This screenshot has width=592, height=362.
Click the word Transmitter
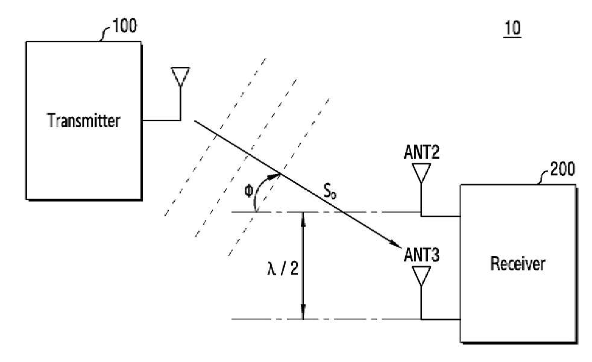(83, 120)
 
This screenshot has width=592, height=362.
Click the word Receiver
(518, 263)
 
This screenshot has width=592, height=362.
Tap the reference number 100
(125, 26)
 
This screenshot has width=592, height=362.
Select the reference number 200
(562, 169)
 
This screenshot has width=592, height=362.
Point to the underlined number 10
(512, 28)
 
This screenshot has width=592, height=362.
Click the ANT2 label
(421, 152)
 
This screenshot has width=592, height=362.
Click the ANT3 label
(421, 255)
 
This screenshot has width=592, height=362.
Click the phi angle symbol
(248, 191)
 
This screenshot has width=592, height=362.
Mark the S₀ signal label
(330, 190)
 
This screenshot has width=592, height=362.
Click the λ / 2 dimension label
(283, 269)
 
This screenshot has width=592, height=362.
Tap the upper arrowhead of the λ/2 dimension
(303, 219)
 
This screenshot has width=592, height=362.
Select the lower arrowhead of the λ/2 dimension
(303, 313)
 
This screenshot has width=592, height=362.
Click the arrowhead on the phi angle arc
(275, 175)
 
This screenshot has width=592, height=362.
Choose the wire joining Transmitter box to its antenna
(162, 120)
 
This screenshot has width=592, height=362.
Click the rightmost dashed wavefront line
(279, 177)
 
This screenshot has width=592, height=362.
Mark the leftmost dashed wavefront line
(215, 137)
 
